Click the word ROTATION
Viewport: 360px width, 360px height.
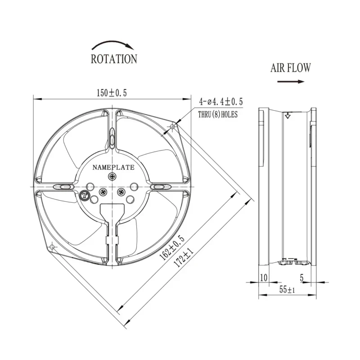[114, 59]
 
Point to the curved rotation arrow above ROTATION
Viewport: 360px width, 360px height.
[113, 44]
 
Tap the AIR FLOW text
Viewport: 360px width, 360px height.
[290, 68]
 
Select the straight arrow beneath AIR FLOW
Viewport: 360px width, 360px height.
[291, 81]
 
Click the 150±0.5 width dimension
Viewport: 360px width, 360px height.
[112, 93]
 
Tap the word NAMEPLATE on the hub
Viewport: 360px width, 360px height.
[113, 167]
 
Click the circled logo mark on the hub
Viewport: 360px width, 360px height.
[84, 195]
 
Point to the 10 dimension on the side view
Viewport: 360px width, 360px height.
[263, 278]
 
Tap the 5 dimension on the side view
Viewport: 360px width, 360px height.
[302, 278]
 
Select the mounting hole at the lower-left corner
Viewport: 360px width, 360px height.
[53, 247]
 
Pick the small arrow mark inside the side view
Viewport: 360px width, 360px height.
[287, 116]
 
